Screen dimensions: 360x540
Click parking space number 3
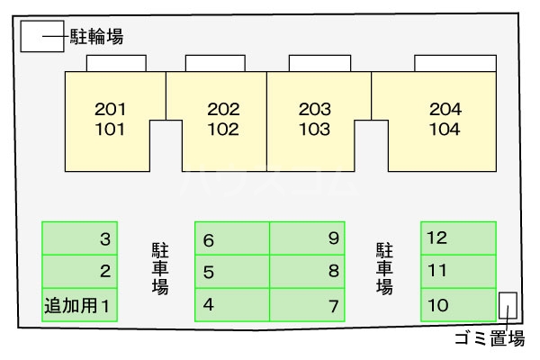tap(80, 238)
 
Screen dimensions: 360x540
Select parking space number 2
tap(80, 271)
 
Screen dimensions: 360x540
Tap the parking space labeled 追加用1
tap(80, 304)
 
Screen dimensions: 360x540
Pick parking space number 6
tap(232, 239)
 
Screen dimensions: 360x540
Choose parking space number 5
tap(232, 272)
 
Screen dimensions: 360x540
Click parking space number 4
tap(232, 304)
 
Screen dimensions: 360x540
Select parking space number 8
tap(307, 272)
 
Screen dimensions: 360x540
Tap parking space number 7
tap(307, 304)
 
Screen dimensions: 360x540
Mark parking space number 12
tap(458, 238)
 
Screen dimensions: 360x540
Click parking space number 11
tap(458, 271)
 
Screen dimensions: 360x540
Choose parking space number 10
tap(458, 304)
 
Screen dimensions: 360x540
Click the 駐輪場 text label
tap(96, 37)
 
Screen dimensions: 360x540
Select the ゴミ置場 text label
tap(490, 339)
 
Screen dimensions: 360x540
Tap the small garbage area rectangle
tap(508, 306)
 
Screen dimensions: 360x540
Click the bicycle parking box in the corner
tap(41, 37)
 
